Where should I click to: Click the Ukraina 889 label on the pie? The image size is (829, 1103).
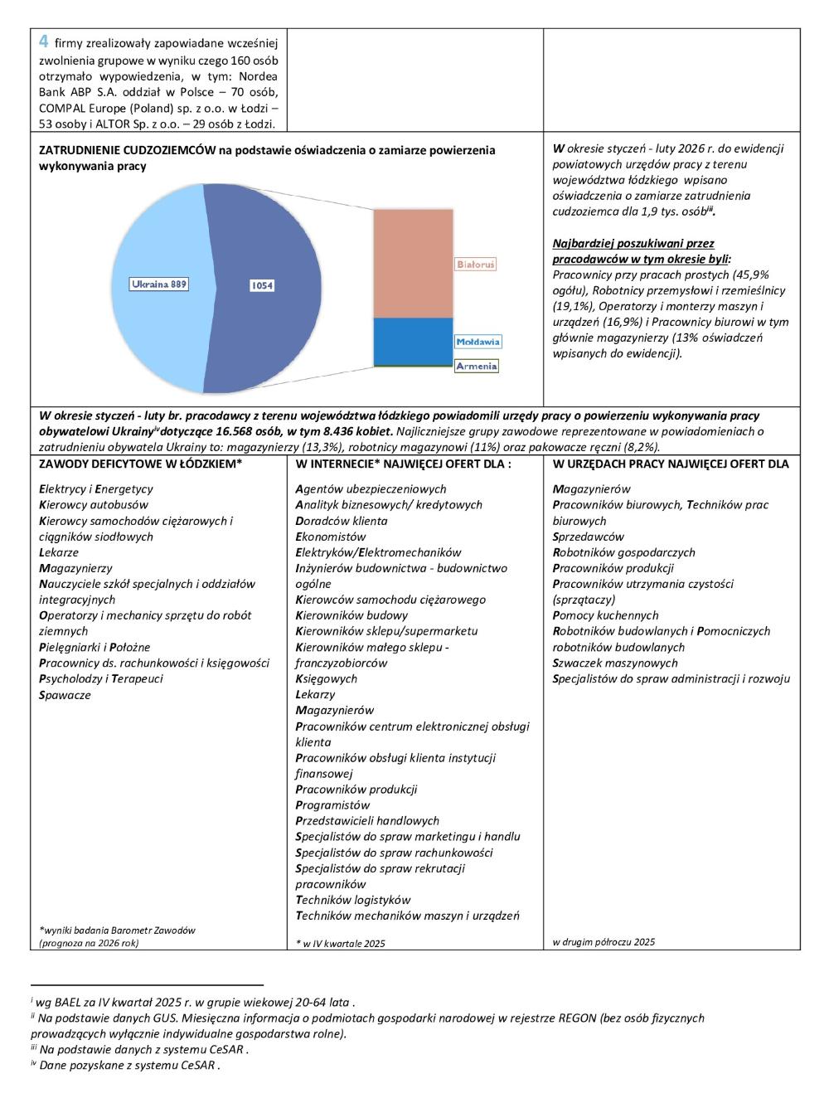coord(159,284)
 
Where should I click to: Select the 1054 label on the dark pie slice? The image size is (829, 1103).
coord(262,286)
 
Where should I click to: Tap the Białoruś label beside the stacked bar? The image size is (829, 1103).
coord(476,265)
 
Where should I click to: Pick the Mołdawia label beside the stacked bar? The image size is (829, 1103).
coord(478,342)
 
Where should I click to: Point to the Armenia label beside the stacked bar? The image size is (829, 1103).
coord(477,366)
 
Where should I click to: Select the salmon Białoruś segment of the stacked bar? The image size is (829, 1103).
coord(413,263)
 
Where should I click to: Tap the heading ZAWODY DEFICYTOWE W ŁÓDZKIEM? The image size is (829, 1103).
coord(140,464)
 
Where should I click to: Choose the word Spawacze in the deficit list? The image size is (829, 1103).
coord(65,695)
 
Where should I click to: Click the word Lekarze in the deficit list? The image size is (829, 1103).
coord(59,552)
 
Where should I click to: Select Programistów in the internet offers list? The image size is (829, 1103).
coord(332,805)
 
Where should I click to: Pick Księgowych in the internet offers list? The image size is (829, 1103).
coord(327,678)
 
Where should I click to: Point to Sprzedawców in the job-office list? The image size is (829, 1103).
coord(589,537)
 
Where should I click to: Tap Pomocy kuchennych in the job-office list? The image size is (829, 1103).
coord(606,615)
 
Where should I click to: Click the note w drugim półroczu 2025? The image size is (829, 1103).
coord(604,941)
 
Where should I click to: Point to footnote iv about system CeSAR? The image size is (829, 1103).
coord(126,1066)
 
